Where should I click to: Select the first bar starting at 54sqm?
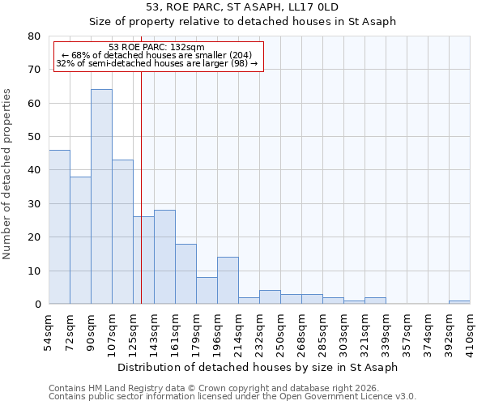[x=59, y=227]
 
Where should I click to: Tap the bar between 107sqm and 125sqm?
[x=122, y=232]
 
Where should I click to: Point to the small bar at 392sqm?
[x=459, y=302]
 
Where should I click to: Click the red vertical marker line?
[x=141, y=186]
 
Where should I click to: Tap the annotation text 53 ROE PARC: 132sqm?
[x=156, y=48]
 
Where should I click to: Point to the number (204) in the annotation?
[x=246, y=55]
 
